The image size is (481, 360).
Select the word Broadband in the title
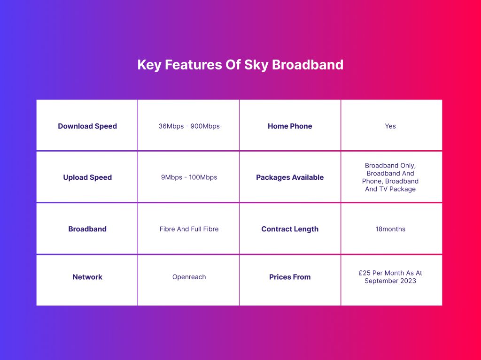click(x=308, y=65)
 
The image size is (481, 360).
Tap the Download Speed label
click(x=87, y=126)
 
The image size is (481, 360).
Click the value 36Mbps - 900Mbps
click(x=189, y=126)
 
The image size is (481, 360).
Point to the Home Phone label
click(x=290, y=126)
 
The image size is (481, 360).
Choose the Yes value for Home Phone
click(x=390, y=126)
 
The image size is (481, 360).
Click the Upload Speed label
click(x=87, y=177)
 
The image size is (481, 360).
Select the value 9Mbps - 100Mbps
click(x=189, y=177)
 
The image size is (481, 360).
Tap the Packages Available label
click(x=290, y=177)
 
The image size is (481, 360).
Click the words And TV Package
click(x=390, y=189)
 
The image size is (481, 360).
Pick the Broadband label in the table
click(x=87, y=229)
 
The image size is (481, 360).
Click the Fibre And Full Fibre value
click(x=189, y=229)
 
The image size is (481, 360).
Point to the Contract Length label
click(x=290, y=229)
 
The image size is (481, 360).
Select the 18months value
click(x=390, y=229)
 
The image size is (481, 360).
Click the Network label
click(x=87, y=277)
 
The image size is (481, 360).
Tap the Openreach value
click(x=189, y=277)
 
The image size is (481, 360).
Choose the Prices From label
click(x=290, y=277)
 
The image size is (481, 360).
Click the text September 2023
click(x=390, y=281)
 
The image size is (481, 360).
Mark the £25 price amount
click(x=365, y=273)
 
